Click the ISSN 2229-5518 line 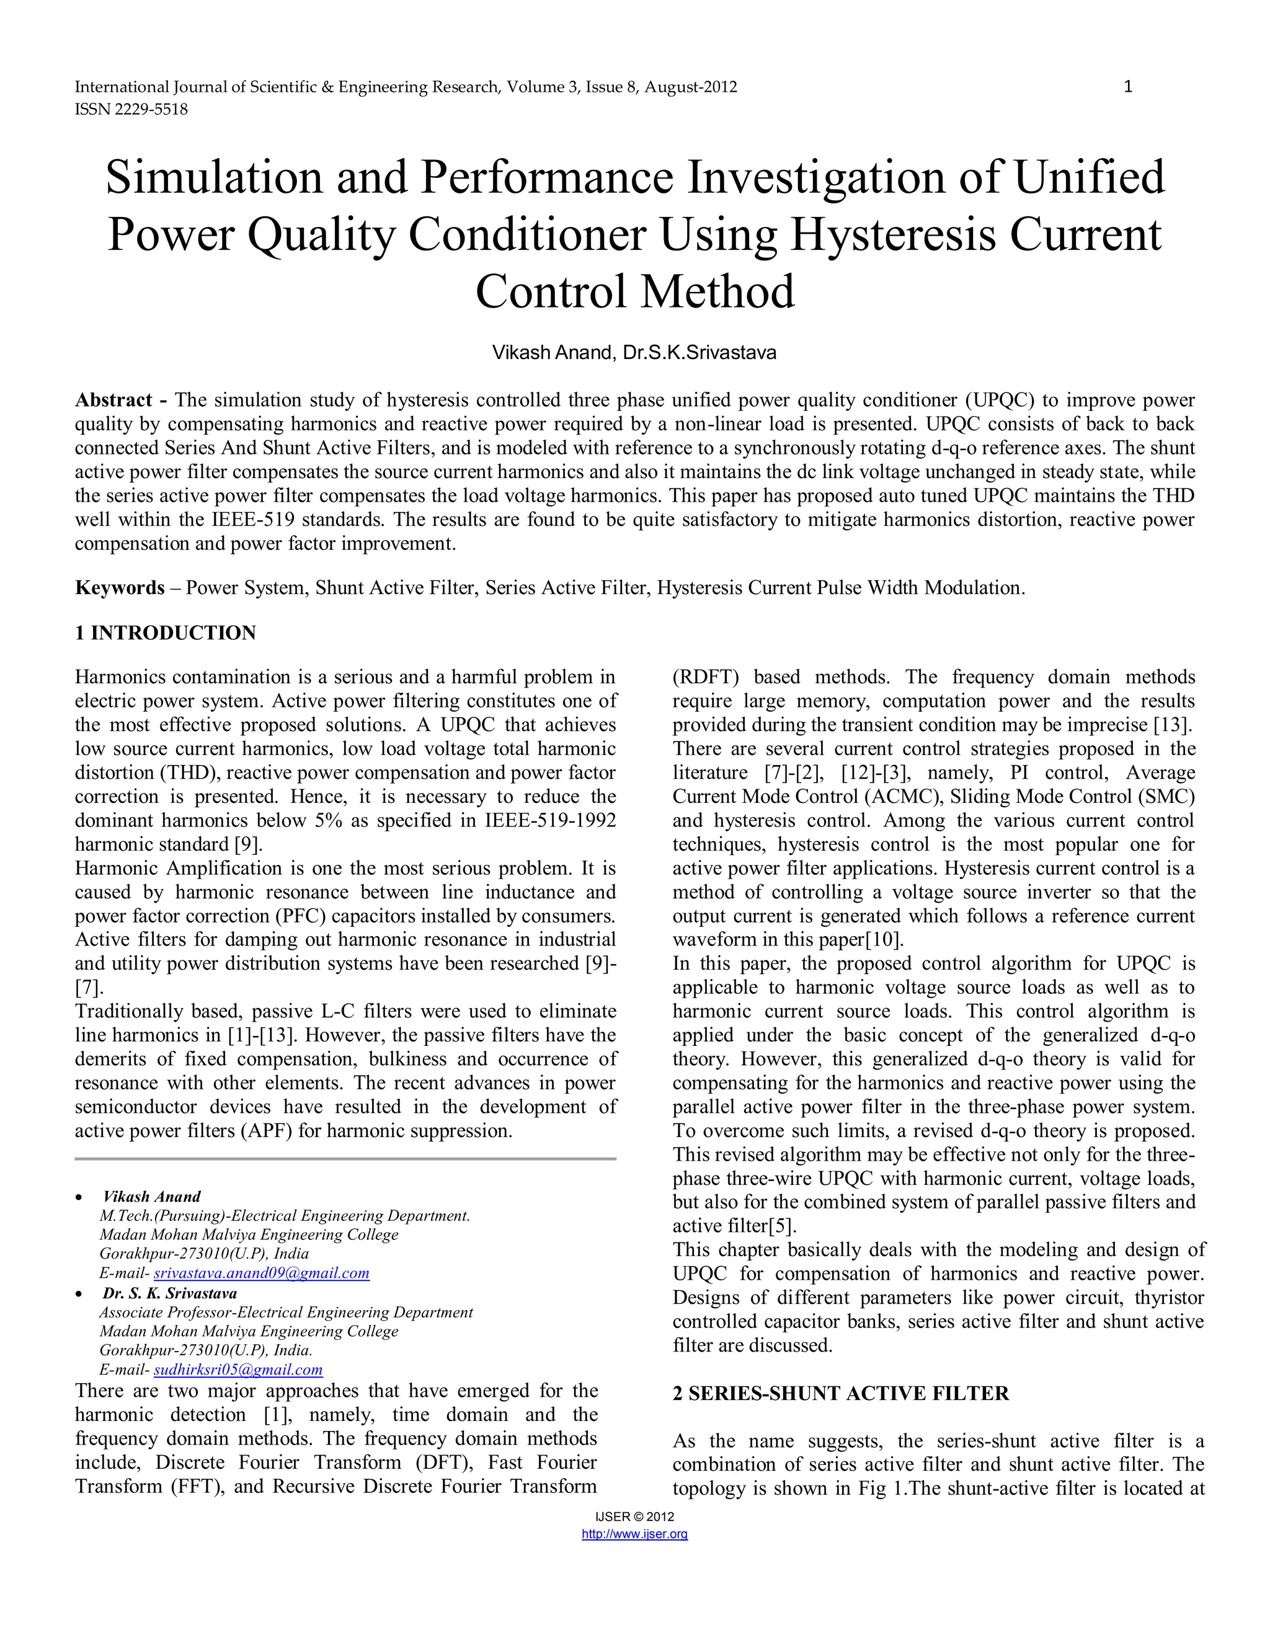[131, 109]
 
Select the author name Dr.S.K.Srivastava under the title [699, 352]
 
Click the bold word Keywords [120, 588]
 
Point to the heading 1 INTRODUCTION [166, 632]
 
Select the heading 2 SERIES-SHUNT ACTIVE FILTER [840, 1393]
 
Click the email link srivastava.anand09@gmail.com [261, 1273]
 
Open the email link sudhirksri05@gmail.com [238, 1370]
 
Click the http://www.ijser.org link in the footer [634, 1534]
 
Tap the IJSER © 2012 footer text [634, 1517]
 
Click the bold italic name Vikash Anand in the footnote [152, 1197]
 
